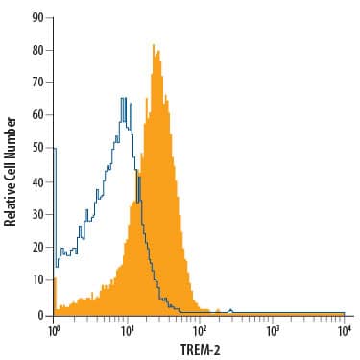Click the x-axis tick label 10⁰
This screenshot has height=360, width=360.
tap(54, 329)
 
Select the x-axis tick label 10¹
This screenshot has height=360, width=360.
tap(127, 329)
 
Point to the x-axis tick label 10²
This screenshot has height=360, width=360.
tap(200, 329)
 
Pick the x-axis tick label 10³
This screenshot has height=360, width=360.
tap(273, 329)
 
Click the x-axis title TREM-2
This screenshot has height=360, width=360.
tap(198, 349)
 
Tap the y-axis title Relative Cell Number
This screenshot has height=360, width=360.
tap(12, 171)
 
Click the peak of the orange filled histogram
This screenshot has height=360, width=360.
tap(153, 44)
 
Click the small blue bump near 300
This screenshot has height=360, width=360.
tap(230, 310)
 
